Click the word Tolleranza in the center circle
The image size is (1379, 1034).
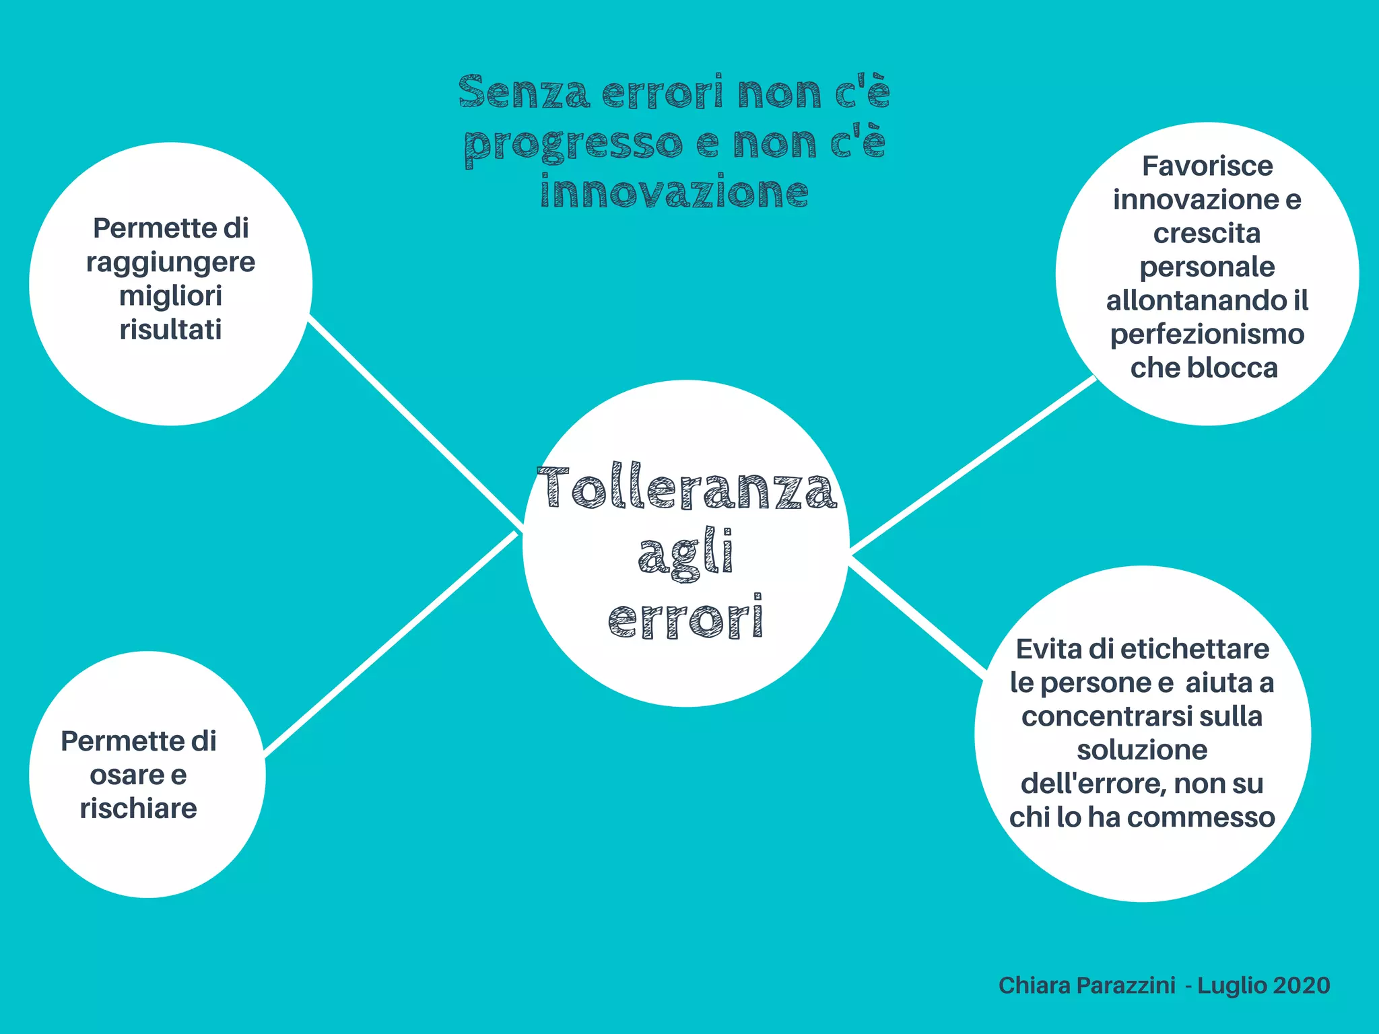pos(687,487)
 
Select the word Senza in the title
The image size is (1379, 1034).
pos(524,92)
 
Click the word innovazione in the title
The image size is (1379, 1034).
pos(674,192)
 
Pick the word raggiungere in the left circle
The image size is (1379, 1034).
pos(170,263)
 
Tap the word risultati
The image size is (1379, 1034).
pos(170,330)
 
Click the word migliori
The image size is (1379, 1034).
pos(170,296)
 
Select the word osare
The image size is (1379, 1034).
pos(121,775)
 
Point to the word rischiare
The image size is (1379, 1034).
pos(139,808)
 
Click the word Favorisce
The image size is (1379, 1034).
pos(1207,166)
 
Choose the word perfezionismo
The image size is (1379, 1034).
pos(1207,335)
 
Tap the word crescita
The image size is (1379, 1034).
pos(1207,234)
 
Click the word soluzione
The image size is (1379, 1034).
pos(1142,750)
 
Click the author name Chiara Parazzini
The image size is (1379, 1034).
pos(1087,986)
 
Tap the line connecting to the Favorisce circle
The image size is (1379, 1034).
pos(973,464)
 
